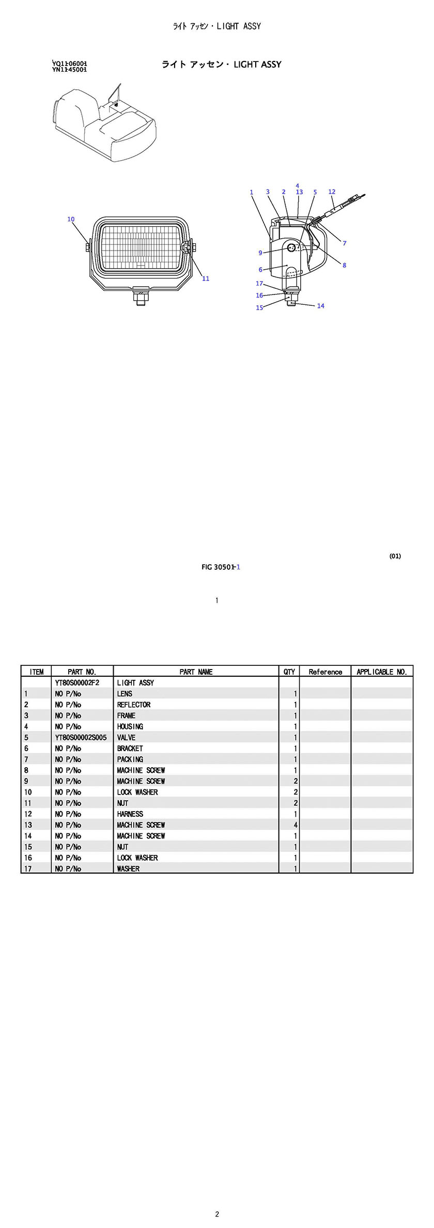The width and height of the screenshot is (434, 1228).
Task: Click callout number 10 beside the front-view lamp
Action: [x=71, y=219]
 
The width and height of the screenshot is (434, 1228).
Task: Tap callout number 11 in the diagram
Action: [x=206, y=278]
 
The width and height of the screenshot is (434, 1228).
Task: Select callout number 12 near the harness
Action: [x=332, y=192]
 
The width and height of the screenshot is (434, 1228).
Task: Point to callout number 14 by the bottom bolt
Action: [x=320, y=306]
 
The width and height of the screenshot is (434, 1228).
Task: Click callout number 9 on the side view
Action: [x=260, y=253]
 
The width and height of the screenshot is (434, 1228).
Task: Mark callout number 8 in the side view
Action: [x=344, y=265]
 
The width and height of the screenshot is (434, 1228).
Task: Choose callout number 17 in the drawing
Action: [x=259, y=283]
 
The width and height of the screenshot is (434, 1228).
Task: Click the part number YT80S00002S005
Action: [x=81, y=737]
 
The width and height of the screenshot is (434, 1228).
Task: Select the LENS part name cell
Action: [x=125, y=694]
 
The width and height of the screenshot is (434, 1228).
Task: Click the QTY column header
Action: [x=289, y=672]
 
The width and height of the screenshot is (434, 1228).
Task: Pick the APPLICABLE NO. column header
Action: [x=382, y=672]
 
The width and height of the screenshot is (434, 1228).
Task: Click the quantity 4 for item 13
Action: [x=296, y=825]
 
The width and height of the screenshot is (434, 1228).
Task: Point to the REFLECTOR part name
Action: [x=133, y=705]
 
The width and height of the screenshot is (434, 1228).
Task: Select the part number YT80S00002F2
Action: [x=77, y=682]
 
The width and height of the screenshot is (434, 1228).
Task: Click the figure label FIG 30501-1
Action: [x=221, y=567]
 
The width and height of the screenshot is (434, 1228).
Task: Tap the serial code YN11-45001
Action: [x=69, y=70]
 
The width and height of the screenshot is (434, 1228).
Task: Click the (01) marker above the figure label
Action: [x=395, y=556]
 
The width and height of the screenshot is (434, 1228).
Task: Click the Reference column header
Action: [x=325, y=672]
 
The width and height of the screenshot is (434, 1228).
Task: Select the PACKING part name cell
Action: [x=130, y=759]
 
